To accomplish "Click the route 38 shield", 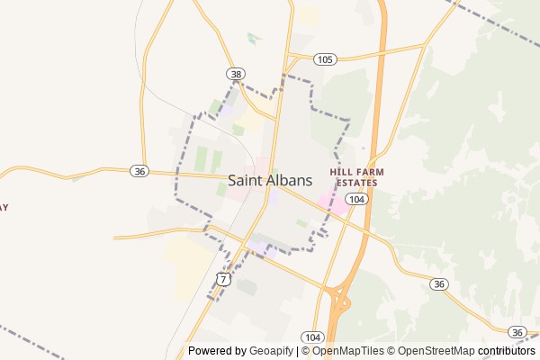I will coord(236,74).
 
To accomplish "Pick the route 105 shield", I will coord(326,58).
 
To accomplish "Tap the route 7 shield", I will coord(223,280).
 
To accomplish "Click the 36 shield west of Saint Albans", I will coord(139,171).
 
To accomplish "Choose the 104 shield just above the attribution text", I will coord(313,336).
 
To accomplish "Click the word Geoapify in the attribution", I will coord(272,351).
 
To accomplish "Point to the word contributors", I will coord(506,351).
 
